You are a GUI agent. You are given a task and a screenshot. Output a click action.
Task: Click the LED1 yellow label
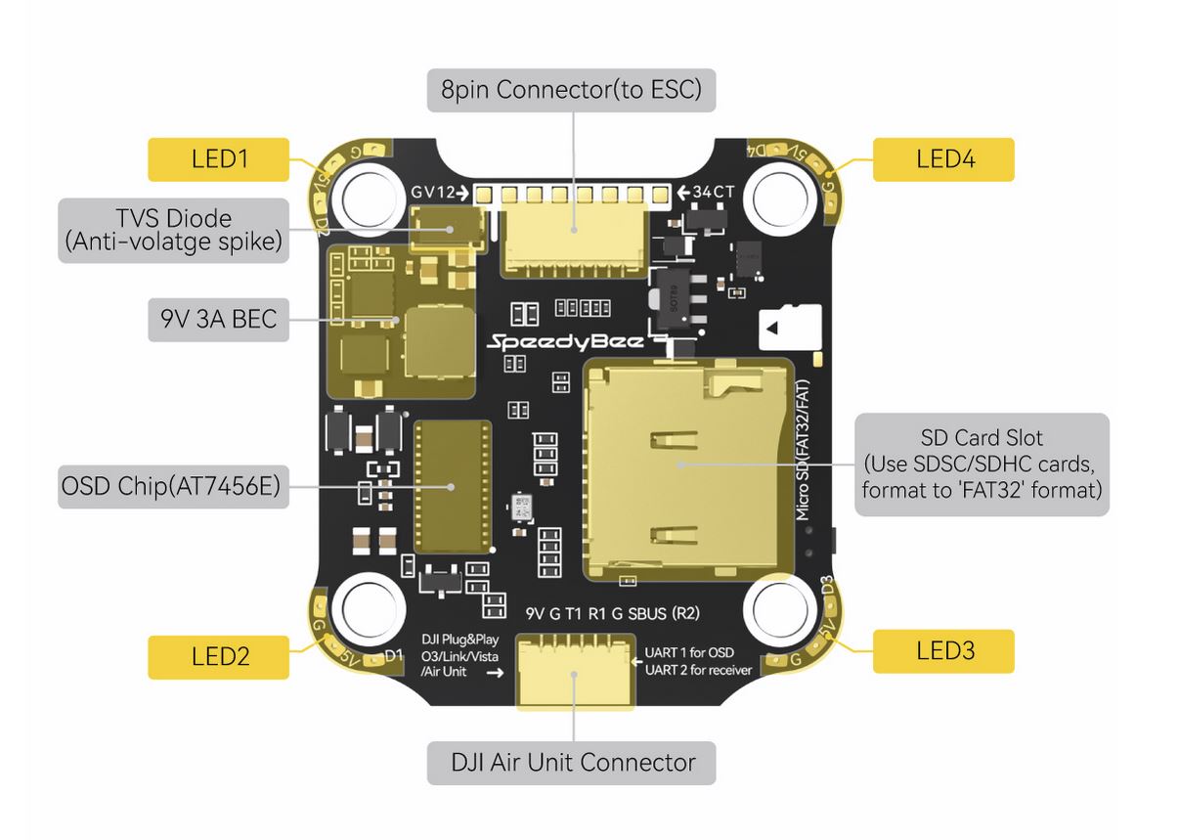pyautogui.click(x=218, y=159)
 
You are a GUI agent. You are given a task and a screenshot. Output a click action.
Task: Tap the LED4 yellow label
pyautogui.click(x=942, y=159)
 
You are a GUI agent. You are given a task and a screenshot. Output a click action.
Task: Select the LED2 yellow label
pyautogui.click(x=218, y=656)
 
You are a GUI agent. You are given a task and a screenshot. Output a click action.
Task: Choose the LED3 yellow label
pyautogui.click(x=942, y=650)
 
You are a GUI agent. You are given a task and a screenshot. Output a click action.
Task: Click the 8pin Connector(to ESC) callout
pyautogui.click(x=571, y=90)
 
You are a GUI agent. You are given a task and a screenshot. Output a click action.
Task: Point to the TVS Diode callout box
pyautogui.click(x=175, y=230)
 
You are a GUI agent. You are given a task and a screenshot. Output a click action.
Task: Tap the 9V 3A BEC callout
pyautogui.click(x=218, y=319)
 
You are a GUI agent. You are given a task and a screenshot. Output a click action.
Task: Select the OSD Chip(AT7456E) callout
pyautogui.click(x=175, y=486)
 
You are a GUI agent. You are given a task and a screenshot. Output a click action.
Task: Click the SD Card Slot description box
pyautogui.click(x=982, y=464)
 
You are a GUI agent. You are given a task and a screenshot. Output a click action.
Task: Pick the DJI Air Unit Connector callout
pyautogui.click(x=571, y=763)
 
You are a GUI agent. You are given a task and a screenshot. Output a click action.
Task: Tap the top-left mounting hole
pyautogui.click(x=368, y=195)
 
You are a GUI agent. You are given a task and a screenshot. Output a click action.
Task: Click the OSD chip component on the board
pyautogui.click(x=453, y=486)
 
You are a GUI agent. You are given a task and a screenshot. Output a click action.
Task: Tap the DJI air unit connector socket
pyautogui.click(x=574, y=670)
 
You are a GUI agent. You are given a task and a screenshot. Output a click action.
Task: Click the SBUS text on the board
pyautogui.click(x=645, y=614)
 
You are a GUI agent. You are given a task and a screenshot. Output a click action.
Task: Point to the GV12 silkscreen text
pyautogui.click(x=433, y=192)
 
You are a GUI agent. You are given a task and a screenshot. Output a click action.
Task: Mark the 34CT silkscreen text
pyautogui.click(x=713, y=192)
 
